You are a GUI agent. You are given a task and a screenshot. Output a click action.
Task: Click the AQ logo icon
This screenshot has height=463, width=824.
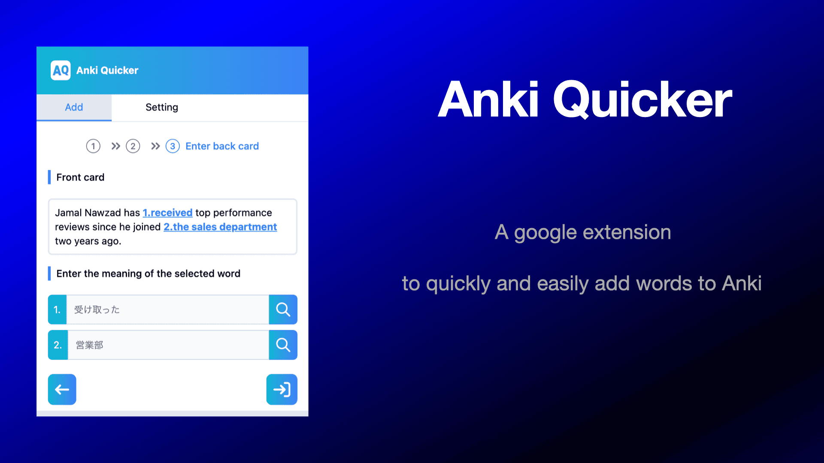61,70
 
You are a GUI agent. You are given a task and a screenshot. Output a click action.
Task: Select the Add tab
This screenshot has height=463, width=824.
74,107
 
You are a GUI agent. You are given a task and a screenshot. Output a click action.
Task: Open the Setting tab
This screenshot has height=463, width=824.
162,107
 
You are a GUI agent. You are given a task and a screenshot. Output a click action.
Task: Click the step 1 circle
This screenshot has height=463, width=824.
93,146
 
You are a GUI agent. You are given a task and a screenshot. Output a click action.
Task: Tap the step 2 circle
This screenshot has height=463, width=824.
133,146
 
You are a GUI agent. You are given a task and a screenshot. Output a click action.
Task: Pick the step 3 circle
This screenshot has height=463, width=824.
173,146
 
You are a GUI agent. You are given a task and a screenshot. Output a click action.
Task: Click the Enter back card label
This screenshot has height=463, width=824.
222,146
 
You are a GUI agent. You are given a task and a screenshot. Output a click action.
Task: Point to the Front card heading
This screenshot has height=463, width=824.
80,177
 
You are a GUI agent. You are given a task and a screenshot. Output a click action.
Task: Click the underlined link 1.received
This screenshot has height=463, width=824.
167,213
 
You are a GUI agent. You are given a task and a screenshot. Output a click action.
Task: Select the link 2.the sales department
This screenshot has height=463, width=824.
220,227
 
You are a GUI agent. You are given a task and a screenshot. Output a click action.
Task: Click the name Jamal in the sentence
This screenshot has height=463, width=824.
68,213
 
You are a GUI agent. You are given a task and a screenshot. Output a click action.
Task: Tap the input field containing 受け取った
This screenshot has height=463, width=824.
167,310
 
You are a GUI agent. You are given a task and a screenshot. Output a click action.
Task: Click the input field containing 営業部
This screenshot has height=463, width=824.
167,345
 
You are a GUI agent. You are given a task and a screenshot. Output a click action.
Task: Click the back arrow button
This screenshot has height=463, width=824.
62,389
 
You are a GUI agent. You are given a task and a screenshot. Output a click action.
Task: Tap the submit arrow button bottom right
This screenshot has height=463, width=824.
282,389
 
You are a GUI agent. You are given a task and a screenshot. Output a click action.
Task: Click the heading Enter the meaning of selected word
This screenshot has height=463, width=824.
148,274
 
